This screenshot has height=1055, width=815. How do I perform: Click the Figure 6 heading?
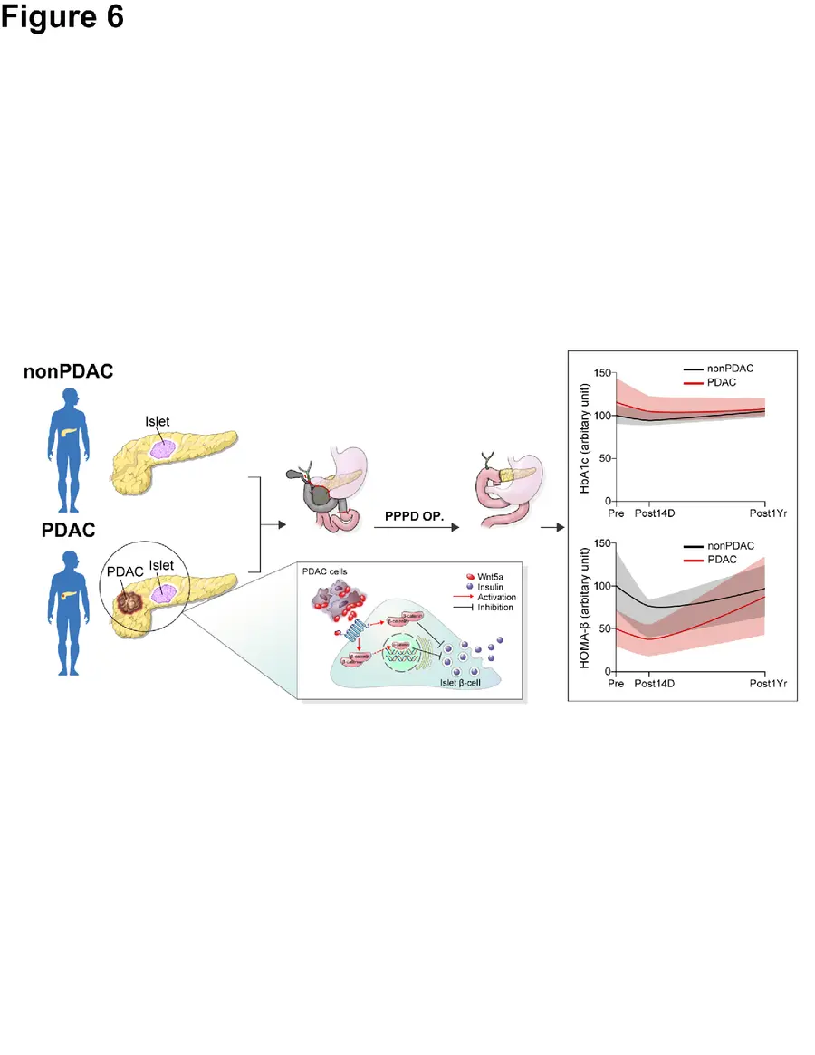point(62,18)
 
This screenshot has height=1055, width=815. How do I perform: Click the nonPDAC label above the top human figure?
point(68,371)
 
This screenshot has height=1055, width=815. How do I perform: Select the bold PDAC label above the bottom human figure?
point(68,531)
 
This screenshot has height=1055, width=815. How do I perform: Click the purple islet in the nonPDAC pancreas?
point(163,447)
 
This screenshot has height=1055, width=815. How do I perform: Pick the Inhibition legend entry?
point(480,607)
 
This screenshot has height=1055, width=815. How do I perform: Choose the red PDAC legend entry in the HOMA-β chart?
point(722,560)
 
